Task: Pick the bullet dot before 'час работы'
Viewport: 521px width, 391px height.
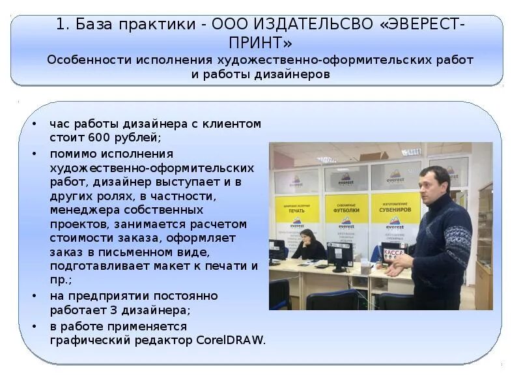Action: click(33, 123)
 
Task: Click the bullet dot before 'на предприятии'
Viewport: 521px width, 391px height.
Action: click(33, 296)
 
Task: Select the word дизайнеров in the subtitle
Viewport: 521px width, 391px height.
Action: click(292, 74)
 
